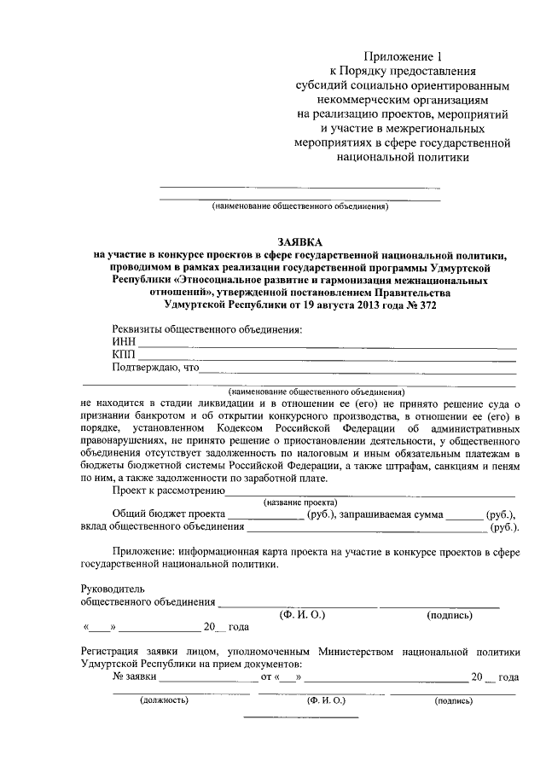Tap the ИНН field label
pos(124,343)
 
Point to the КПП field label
pos(124,356)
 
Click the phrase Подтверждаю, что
pos(154,369)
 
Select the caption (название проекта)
pos(300,502)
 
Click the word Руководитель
pos(113,589)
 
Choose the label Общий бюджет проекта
pos(168,515)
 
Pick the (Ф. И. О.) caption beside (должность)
pos(326,700)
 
